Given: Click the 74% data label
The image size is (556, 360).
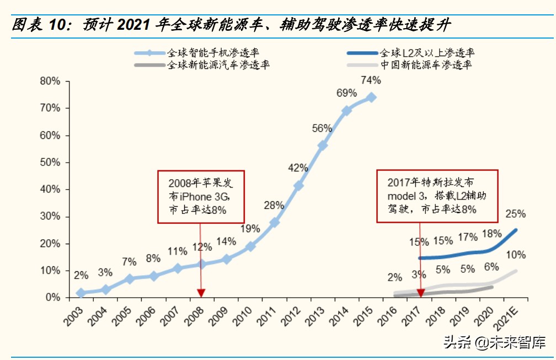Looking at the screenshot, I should click(x=371, y=80).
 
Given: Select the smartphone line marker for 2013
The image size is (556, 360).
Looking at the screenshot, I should click(x=323, y=145).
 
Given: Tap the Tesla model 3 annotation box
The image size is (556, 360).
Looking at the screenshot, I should click(x=437, y=196).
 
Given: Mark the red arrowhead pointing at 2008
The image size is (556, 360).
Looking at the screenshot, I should click(x=201, y=293).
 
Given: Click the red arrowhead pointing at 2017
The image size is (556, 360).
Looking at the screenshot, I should click(x=421, y=293).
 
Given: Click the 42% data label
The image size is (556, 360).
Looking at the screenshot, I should click(x=298, y=168).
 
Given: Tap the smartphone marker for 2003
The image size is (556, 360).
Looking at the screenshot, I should click(x=81, y=293).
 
